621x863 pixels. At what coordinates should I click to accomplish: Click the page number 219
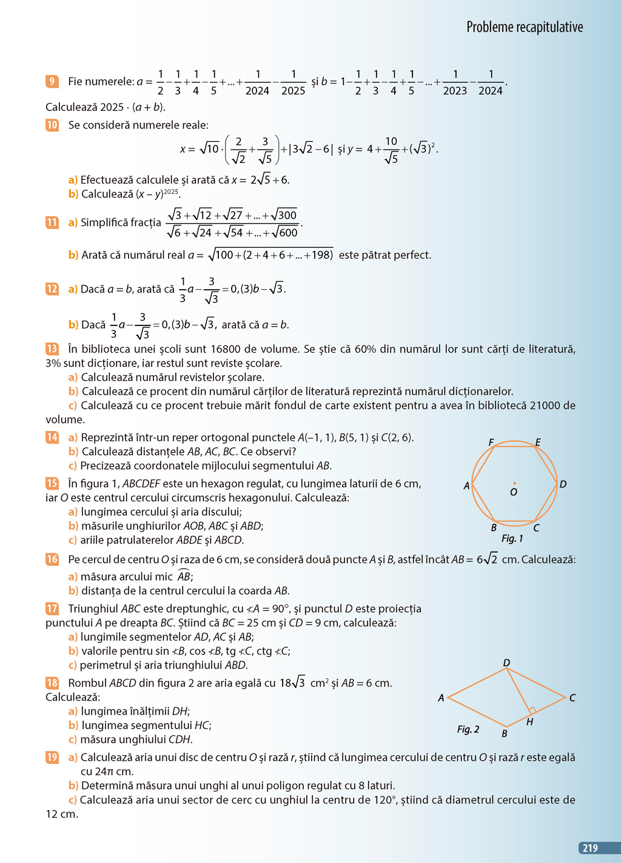[x=590, y=848]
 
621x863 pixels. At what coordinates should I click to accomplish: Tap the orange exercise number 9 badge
[x=52, y=81]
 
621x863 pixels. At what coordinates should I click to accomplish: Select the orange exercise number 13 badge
[x=52, y=348]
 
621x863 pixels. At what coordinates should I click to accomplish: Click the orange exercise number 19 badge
[x=52, y=757]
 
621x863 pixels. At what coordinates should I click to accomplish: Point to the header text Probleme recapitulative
[x=525, y=27]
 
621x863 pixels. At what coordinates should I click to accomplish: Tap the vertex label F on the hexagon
[x=491, y=442]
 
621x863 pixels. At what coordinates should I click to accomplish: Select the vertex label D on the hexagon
[x=563, y=484]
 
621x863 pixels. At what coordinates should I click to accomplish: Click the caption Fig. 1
[x=512, y=538]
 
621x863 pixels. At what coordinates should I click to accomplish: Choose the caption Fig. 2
[x=468, y=729]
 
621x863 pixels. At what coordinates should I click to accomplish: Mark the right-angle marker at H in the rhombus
[x=531, y=710]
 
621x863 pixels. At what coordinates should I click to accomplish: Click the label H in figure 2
[x=530, y=722]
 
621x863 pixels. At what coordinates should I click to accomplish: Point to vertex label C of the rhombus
[x=572, y=698]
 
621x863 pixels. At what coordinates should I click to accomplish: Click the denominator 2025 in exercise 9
[x=293, y=90]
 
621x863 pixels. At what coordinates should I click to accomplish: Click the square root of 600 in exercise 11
[x=286, y=232]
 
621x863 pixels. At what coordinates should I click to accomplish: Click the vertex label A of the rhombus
[x=441, y=698]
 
